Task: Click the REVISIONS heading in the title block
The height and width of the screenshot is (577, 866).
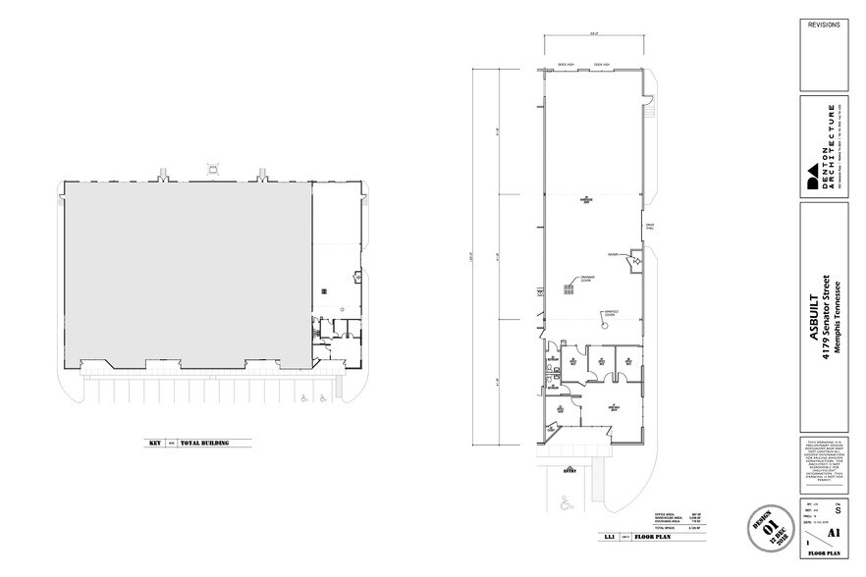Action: pos(825,23)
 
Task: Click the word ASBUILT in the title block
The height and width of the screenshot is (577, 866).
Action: pos(814,333)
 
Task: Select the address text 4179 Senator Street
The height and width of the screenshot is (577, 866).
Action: pos(827,314)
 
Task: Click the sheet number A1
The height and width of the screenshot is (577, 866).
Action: pos(834,534)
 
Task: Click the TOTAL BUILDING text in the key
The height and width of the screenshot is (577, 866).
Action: pos(204,444)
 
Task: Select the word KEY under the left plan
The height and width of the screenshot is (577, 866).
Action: pos(154,444)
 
